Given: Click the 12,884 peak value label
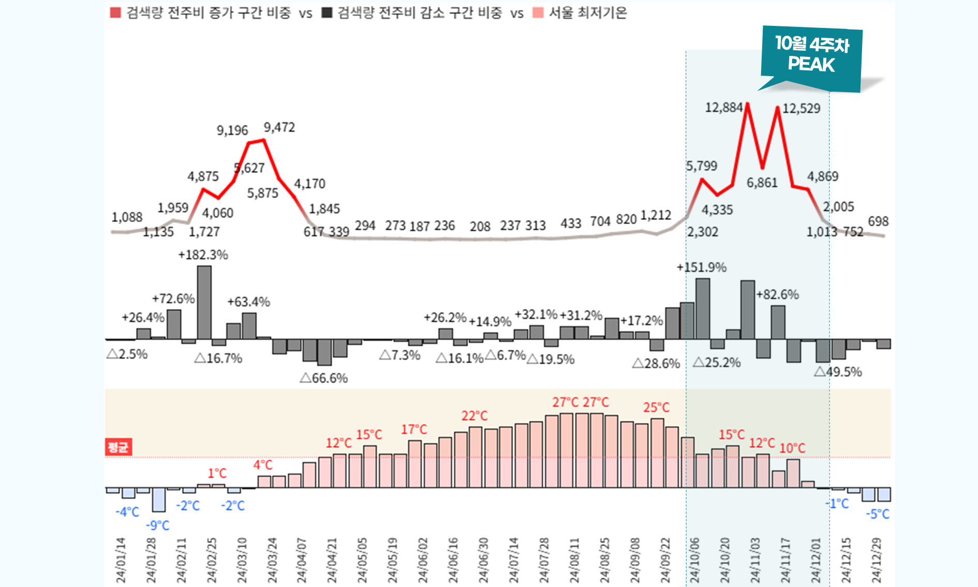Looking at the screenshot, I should [x=723, y=108].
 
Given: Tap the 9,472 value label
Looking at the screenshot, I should [x=279, y=127].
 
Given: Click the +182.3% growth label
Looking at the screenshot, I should [x=203, y=255].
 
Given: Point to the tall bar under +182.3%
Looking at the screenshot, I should [x=204, y=303].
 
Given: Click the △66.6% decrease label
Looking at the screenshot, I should [x=324, y=378].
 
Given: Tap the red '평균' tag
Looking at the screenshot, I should [x=118, y=447].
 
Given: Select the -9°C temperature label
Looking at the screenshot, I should [x=157, y=525].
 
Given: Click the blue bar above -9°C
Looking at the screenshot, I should [x=158, y=500].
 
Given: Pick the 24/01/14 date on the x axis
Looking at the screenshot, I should [x=121, y=560].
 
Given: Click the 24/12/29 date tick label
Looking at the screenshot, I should [x=876, y=560].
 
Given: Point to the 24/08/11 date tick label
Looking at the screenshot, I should [x=574, y=560].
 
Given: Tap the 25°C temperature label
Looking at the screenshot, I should [x=656, y=407].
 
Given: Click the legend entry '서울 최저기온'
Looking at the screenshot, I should [x=587, y=12].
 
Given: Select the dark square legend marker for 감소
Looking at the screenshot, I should [x=327, y=12].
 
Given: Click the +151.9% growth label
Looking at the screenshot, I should [x=702, y=267].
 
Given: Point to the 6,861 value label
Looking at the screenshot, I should [x=762, y=183].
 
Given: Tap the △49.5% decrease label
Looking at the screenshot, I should [x=838, y=372].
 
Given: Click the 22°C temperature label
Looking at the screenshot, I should [x=475, y=416].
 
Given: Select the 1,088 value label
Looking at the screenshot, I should [x=127, y=217].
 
